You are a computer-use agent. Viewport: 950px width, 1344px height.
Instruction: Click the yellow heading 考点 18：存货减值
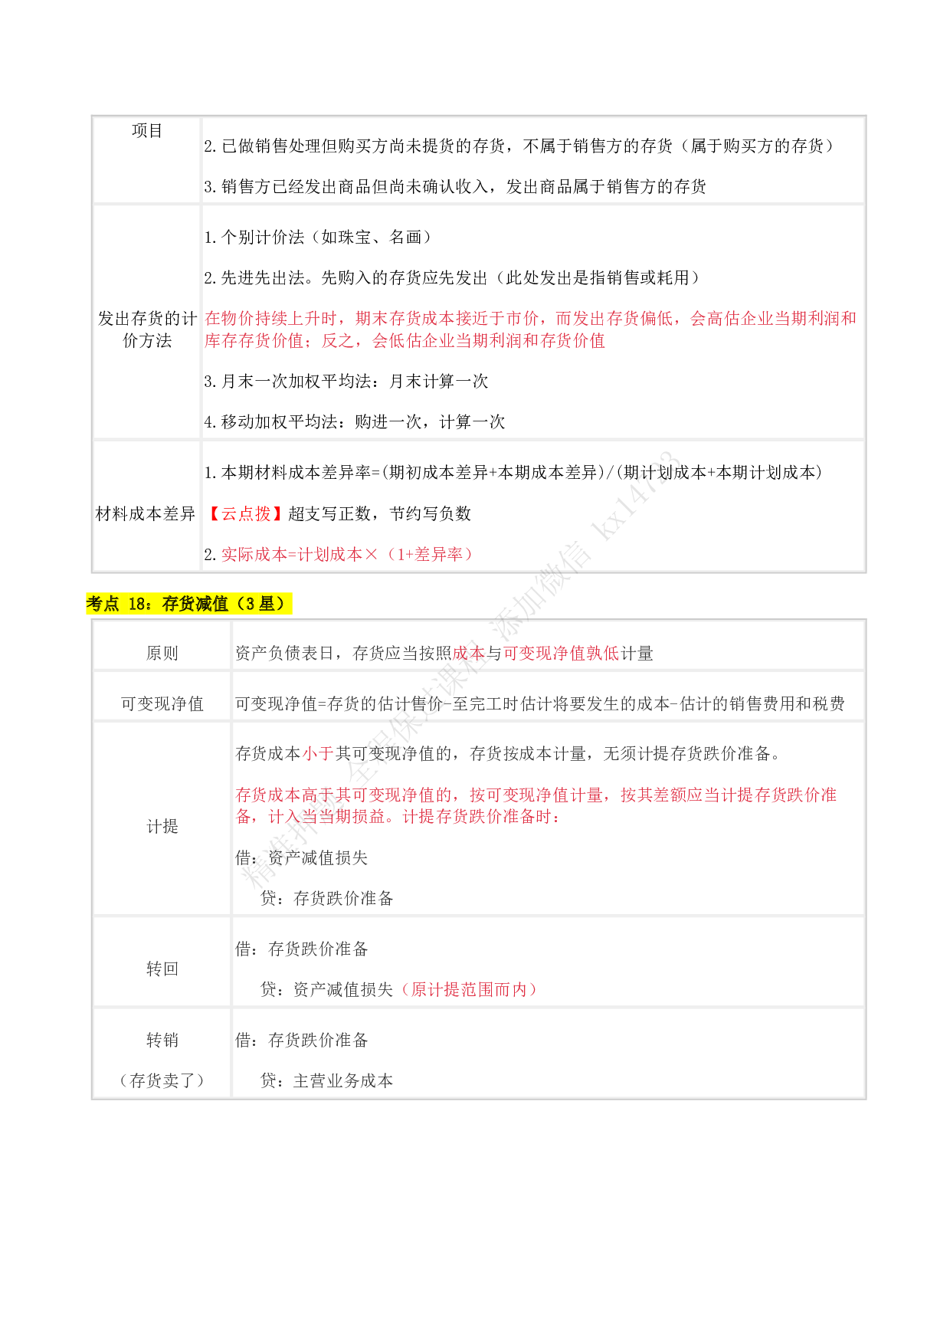tap(188, 604)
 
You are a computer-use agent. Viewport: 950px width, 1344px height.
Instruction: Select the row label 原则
tap(162, 653)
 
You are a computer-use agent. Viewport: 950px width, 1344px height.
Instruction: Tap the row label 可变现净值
tap(162, 703)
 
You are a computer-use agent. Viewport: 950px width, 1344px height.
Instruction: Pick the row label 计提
tap(162, 826)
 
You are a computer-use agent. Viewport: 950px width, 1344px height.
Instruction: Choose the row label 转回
tap(162, 969)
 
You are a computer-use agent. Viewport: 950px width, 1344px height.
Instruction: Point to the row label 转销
tap(162, 1040)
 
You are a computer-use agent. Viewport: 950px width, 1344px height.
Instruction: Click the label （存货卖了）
tap(162, 1080)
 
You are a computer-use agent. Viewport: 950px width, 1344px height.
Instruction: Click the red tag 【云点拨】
tap(245, 513)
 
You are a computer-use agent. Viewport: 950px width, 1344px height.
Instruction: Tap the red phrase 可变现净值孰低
tap(561, 653)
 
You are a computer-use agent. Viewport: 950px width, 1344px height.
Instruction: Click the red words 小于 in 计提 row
tap(318, 753)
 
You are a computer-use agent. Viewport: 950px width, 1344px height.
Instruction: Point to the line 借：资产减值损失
tap(302, 857)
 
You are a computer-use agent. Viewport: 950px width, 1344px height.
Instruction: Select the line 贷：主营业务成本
tap(326, 1080)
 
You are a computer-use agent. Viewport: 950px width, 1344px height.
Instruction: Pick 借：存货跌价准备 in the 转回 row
tap(302, 949)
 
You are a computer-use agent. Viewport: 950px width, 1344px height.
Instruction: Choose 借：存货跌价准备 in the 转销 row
tap(302, 1040)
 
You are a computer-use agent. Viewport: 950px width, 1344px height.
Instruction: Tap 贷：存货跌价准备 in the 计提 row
tap(326, 898)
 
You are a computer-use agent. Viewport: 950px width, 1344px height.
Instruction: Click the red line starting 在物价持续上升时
tap(530, 318)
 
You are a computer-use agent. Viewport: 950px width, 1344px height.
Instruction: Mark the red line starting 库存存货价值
tap(405, 340)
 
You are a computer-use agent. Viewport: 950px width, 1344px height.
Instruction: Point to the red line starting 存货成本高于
tap(536, 795)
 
